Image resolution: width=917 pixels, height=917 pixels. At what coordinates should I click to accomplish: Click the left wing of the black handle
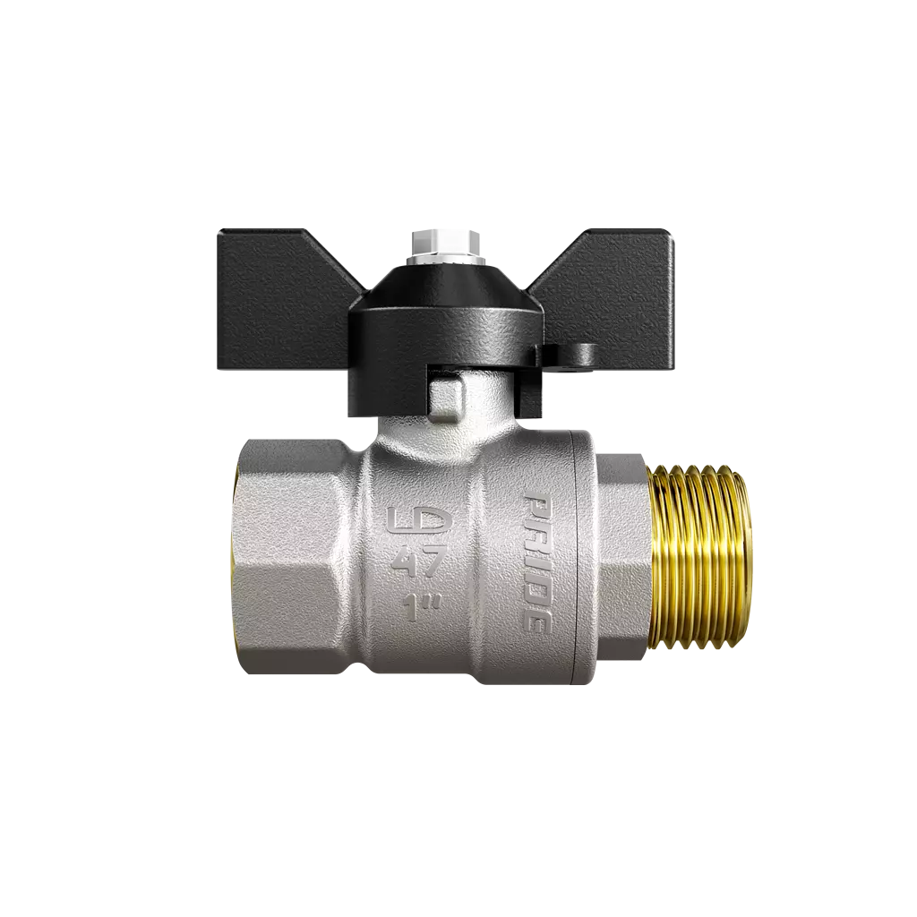click(x=280, y=304)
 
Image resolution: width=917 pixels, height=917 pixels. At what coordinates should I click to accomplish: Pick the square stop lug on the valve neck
click(x=449, y=400)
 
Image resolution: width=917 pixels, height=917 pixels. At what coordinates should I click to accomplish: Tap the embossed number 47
click(x=421, y=562)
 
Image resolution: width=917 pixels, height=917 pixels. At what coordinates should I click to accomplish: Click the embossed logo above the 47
click(x=419, y=523)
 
